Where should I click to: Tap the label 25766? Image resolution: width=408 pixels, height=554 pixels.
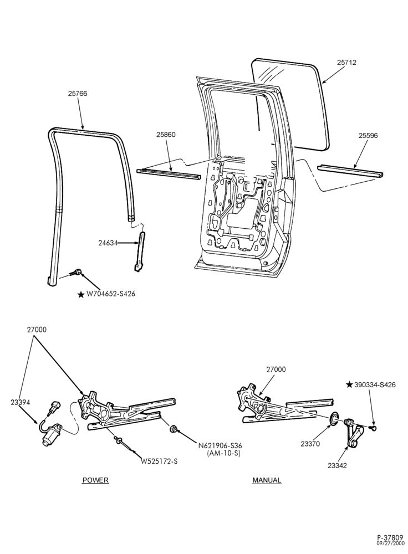click(78, 94)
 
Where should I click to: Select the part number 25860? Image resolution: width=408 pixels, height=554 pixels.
click(165, 135)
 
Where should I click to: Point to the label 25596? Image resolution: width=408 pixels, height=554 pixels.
click(368, 135)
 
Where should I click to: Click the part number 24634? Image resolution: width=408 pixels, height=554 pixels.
click(108, 243)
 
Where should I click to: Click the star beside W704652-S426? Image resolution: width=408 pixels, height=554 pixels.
click(81, 294)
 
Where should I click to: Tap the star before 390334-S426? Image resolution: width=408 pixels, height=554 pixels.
click(349, 384)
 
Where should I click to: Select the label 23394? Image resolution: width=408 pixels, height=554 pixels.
click(20, 402)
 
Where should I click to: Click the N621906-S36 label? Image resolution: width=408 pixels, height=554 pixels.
click(220, 445)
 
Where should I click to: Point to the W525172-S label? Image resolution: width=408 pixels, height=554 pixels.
click(159, 461)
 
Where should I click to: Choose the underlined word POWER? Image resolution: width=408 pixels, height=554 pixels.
click(95, 480)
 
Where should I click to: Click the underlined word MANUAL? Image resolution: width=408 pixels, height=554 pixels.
click(267, 480)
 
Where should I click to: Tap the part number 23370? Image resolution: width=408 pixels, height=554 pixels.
click(310, 444)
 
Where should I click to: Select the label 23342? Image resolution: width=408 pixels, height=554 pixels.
click(337, 465)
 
